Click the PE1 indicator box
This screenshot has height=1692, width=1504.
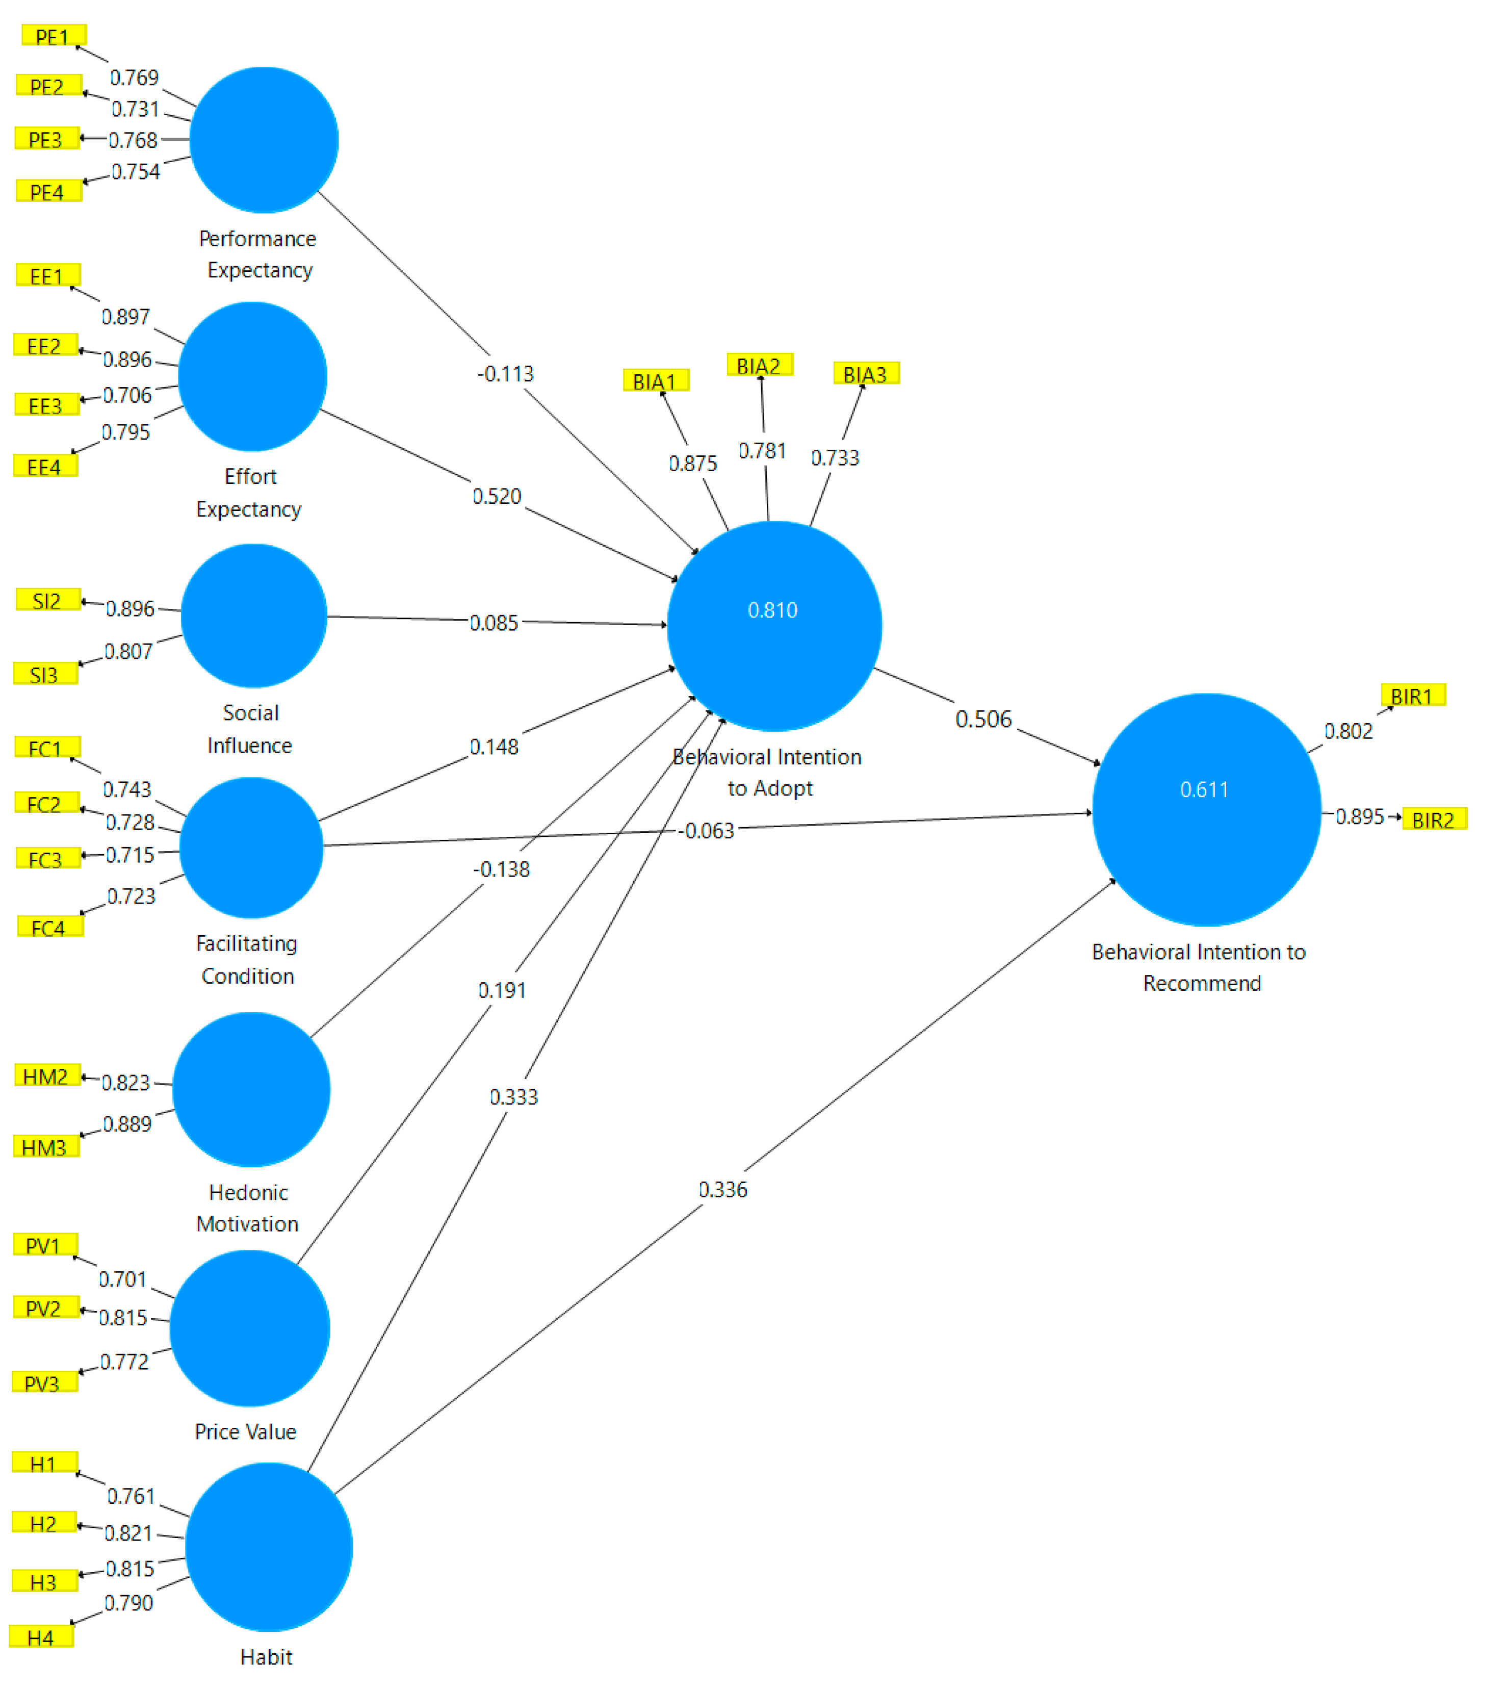[53, 36]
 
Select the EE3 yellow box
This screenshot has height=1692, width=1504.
[46, 405]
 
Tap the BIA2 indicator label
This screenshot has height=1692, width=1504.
[759, 366]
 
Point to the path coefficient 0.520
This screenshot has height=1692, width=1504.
[497, 497]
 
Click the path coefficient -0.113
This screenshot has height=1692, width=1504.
[505, 374]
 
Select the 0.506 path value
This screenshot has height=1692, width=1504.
[983, 720]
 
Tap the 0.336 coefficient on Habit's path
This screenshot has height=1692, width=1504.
[722, 1190]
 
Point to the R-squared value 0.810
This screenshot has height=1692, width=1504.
[772, 611]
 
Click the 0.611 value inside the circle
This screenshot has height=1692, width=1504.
[1204, 790]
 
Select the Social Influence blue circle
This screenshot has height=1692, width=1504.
[253, 616]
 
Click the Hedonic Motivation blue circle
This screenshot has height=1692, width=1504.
[251, 1090]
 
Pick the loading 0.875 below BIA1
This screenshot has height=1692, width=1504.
[693, 464]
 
